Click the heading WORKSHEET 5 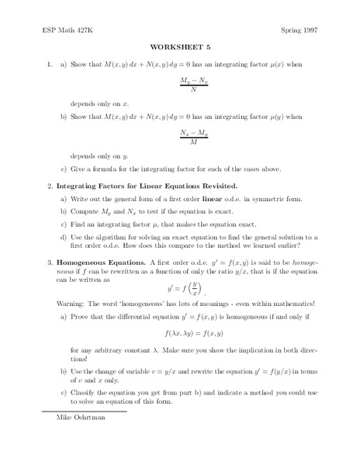point(179,46)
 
